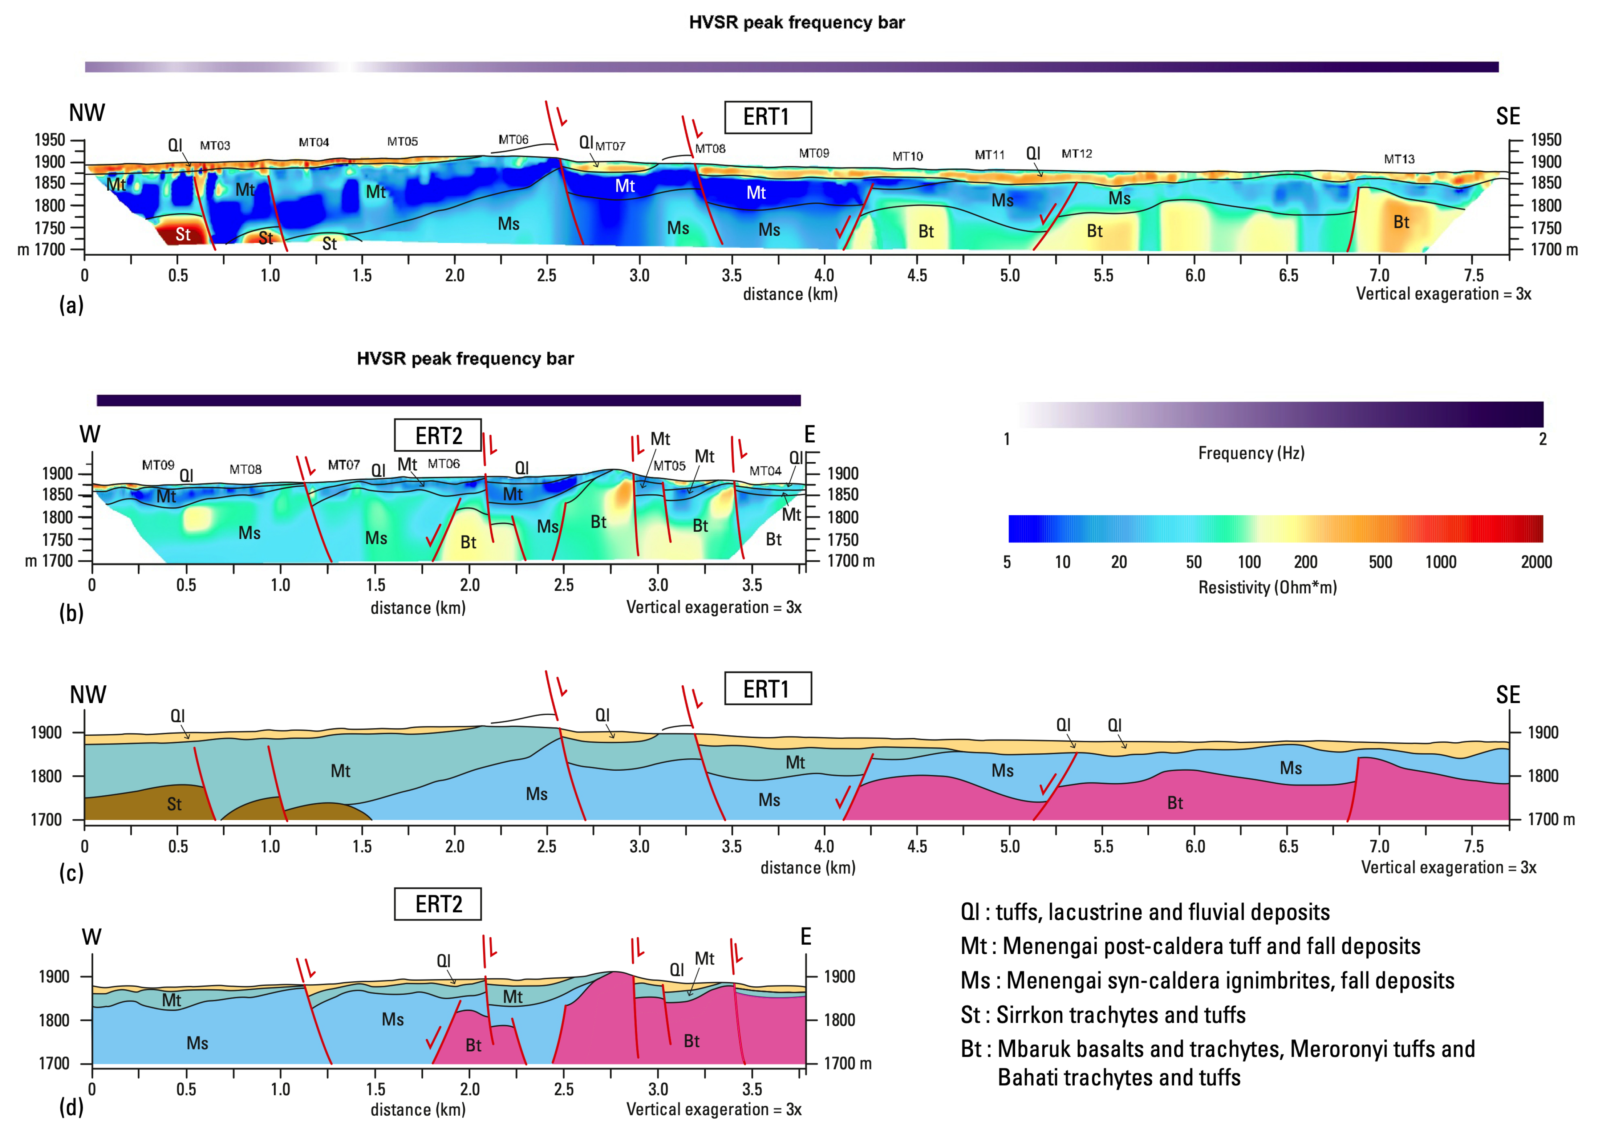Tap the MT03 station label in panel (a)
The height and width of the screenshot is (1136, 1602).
click(x=215, y=146)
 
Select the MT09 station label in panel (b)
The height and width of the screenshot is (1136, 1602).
click(x=158, y=465)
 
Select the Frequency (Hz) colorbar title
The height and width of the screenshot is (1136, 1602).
click(x=1251, y=453)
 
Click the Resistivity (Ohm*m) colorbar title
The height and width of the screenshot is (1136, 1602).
click(x=1267, y=588)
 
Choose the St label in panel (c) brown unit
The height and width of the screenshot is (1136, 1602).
click(x=174, y=804)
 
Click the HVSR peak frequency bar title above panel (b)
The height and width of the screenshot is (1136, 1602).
click(x=465, y=359)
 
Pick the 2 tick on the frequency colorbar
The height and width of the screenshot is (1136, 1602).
click(x=1542, y=439)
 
